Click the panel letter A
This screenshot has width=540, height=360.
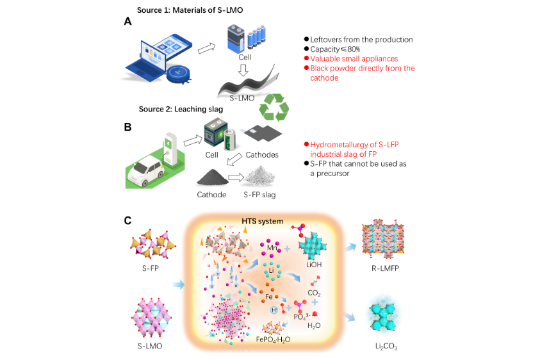tap(128, 21)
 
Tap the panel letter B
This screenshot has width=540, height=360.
tap(128, 126)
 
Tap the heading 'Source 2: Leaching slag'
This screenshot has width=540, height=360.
tap(180, 110)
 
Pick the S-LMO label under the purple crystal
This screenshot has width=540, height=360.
tap(151, 346)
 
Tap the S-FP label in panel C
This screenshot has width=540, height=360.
tap(151, 269)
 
